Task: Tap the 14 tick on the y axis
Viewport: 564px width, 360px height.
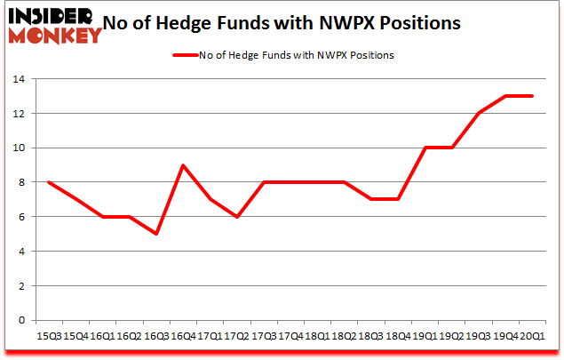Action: pyautogui.click(x=17, y=79)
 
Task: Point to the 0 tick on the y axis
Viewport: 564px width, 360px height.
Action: pyautogui.click(x=20, y=320)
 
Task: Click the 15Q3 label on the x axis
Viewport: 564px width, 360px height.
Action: pyautogui.click(x=48, y=336)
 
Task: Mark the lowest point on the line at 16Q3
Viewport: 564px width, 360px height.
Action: pyautogui.click(x=156, y=234)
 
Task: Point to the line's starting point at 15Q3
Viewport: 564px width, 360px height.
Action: pyautogui.click(x=48, y=182)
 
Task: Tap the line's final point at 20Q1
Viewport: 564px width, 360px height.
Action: pyautogui.click(x=532, y=96)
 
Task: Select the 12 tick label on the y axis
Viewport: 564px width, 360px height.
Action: pyautogui.click(x=17, y=113)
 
